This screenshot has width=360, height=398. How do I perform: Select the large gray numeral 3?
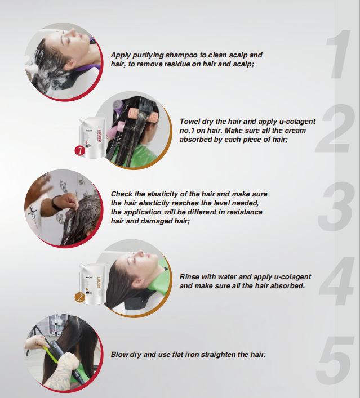click(x=336, y=206)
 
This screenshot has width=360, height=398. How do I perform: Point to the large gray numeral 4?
click(x=337, y=281)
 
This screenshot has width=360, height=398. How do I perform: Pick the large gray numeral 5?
click(x=335, y=360)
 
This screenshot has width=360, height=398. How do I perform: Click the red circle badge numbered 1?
click(x=80, y=151)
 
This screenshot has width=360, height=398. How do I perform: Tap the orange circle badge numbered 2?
click(x=80, y=297)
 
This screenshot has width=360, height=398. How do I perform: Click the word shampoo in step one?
click(x=181, y=55)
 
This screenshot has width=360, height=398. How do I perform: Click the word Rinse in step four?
click(x=188, y=276)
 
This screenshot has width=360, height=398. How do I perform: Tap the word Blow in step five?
click(x=119, y=354)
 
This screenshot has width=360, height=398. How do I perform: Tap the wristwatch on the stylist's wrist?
click(x=56, y=202)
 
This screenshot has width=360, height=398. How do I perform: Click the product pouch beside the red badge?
click(x=92, y=137)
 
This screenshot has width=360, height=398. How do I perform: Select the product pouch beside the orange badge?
click(x=92, y=284)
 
